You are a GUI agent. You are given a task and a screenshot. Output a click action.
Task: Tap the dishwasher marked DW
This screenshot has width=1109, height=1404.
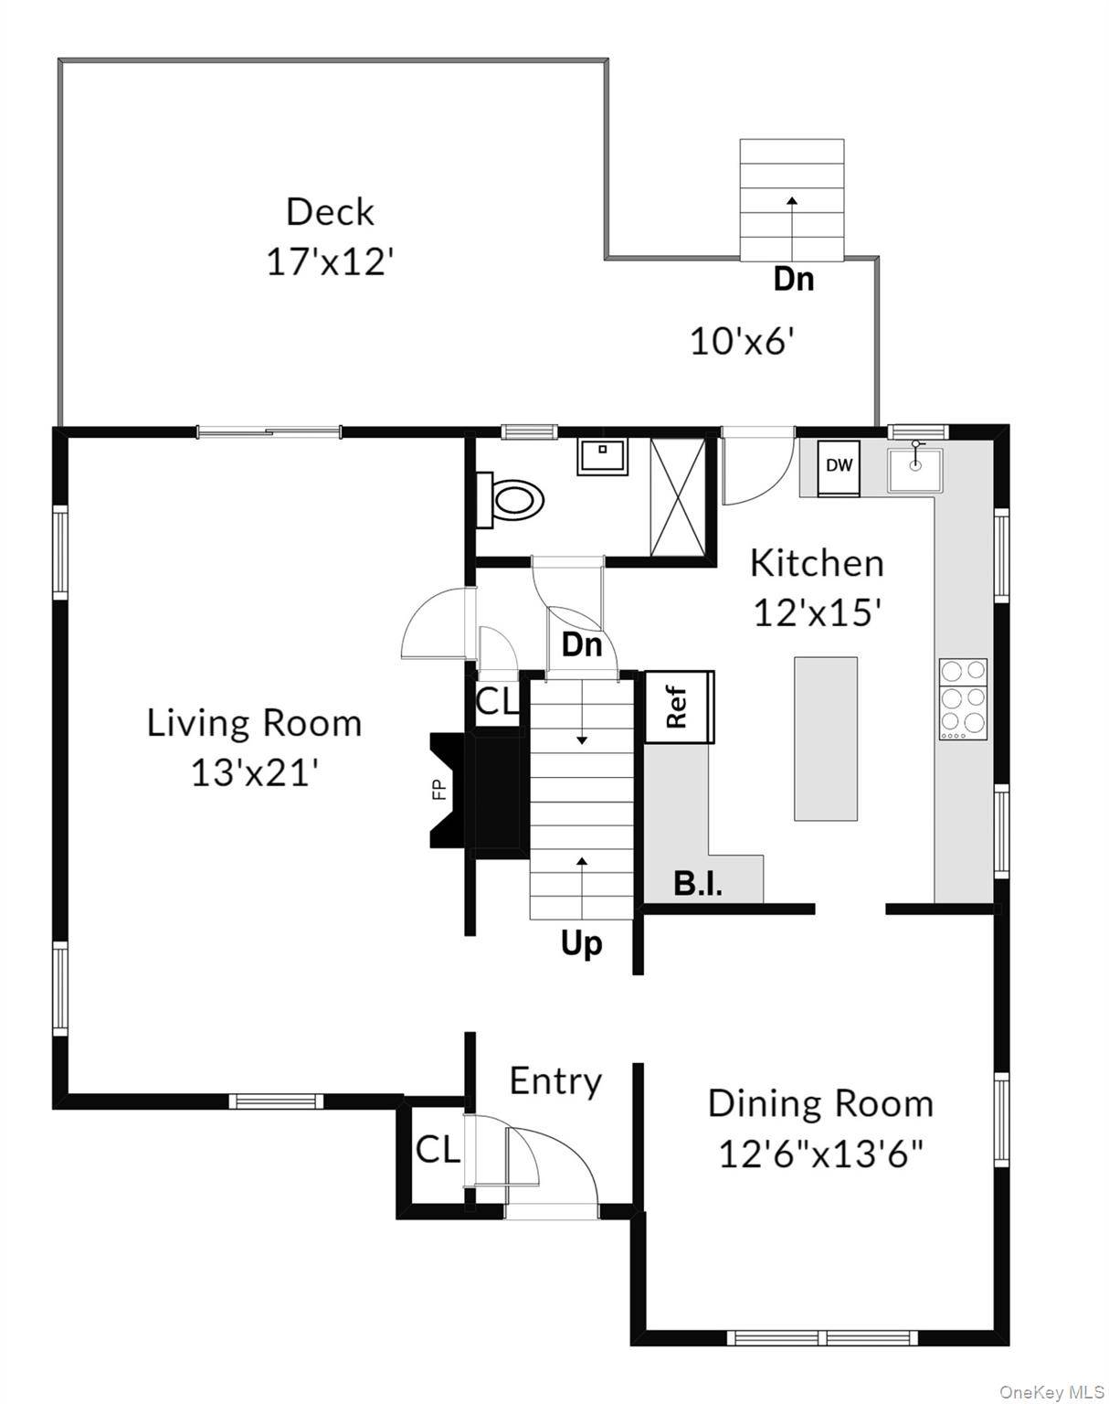pos(840,469)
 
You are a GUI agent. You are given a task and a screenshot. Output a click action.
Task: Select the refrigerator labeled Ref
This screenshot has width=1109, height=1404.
pos(680,707)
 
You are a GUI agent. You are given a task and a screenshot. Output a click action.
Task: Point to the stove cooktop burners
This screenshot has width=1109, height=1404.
pos(963,699)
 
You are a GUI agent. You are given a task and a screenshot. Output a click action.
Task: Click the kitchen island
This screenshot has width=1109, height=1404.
pos(826,739)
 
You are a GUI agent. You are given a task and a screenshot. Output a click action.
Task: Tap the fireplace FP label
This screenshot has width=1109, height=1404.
pos(440,790)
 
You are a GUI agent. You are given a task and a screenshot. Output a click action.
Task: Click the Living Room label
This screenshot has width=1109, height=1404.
pos(254,724)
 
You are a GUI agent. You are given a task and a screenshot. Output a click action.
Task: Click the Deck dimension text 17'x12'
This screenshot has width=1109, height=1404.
pos(331,262)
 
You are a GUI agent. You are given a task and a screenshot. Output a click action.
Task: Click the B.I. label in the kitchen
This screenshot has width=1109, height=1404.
pos(698,885)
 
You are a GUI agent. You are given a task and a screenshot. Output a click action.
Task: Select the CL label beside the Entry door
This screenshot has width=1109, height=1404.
pos(438,1150)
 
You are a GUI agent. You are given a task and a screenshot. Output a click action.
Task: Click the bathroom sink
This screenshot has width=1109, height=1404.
pos(602,456)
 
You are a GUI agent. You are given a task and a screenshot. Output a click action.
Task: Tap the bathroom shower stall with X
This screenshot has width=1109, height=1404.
pos(678,496)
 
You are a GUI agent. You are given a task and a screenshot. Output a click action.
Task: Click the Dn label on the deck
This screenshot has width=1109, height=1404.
pos(794,279)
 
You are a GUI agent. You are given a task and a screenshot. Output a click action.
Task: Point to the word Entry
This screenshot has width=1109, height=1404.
pos(555,1082)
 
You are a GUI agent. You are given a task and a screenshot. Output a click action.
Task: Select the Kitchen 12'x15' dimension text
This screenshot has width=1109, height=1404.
pos(818,612)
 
